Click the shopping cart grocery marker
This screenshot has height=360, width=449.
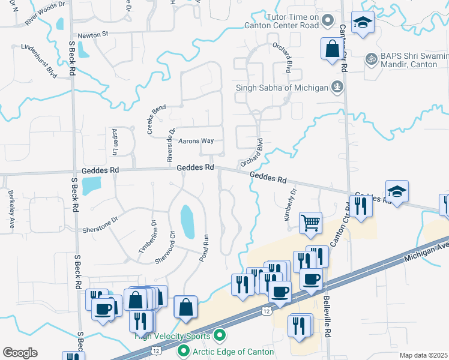point(310,223)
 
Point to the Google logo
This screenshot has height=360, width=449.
point(20,353)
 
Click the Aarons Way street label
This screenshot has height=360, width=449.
point(196,141)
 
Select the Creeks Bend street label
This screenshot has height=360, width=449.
point(157,116)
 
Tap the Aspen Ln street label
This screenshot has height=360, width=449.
point(113,142)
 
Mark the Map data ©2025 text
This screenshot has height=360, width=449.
point(423,355)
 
